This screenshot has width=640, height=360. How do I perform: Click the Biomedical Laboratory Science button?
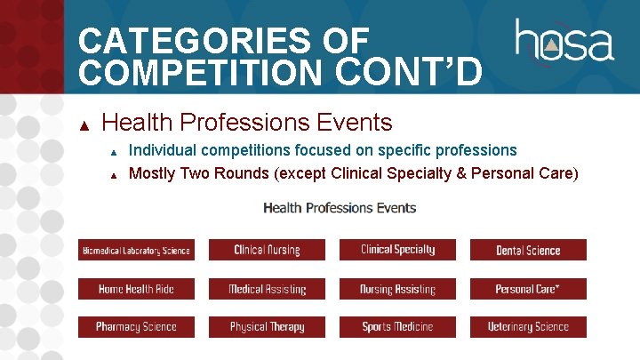click(136, 250)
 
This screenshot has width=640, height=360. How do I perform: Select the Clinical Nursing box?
click(267, 250)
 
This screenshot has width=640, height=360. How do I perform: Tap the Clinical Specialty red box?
click(397, 250)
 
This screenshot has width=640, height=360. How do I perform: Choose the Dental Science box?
click(528, 250)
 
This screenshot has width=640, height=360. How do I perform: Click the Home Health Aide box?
click(136, 289)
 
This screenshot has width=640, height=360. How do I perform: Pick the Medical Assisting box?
click(267, 289)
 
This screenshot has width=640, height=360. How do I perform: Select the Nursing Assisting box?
click(397, 289)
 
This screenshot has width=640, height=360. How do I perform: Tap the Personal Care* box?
click(528, 289)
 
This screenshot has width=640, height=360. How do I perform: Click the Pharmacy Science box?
click(136, 327)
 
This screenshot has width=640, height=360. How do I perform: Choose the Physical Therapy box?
click(267, 327)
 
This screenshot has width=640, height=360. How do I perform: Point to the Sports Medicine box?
click(397, 327)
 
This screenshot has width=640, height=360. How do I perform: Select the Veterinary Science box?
click(528, 327)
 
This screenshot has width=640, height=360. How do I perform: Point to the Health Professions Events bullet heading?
click(247, 122)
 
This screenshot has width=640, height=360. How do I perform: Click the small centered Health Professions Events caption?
click(340, 208)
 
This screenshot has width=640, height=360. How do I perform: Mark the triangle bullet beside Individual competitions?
click(113, 151)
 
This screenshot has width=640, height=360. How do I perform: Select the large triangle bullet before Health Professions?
click(84, 124)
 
